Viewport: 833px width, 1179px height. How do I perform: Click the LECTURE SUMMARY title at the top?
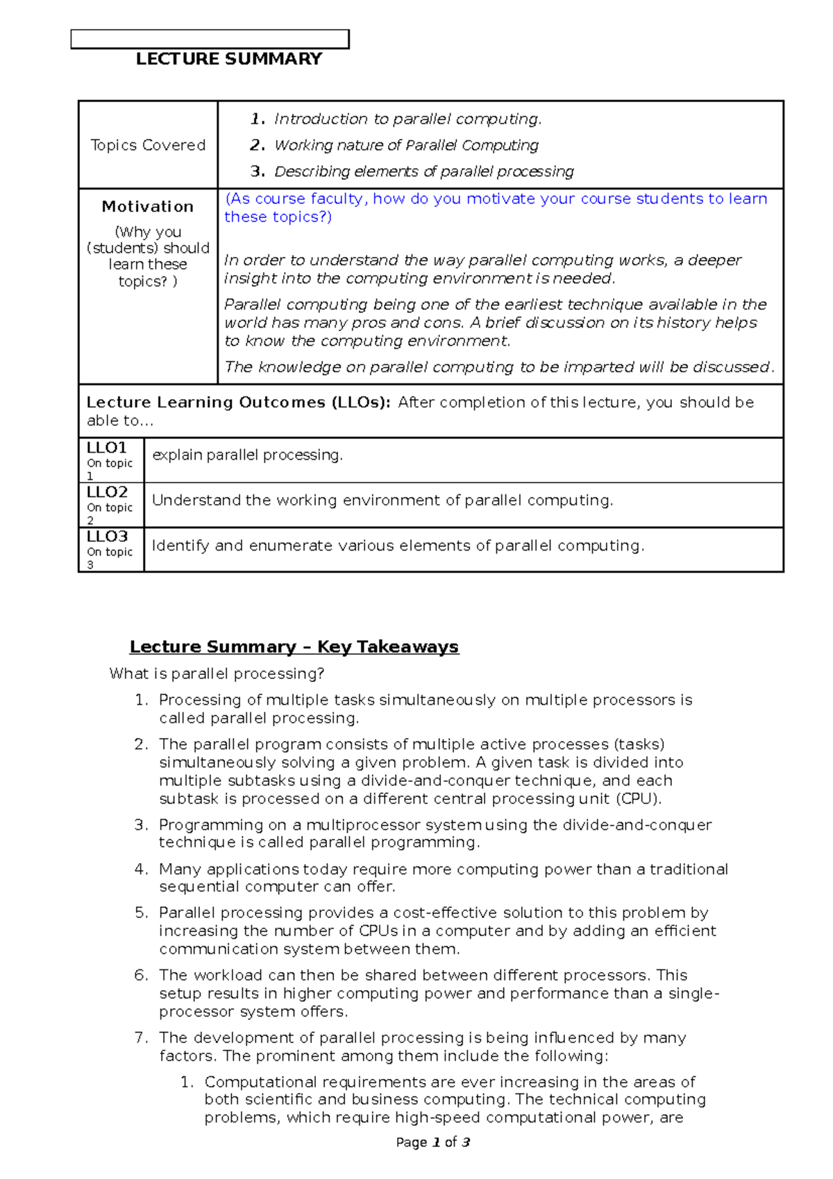(229, 59)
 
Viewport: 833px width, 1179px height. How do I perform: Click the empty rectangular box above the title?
(210, 40)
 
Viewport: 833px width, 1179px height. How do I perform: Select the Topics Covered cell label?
(148, 145)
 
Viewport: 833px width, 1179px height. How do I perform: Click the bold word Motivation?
(148, 206)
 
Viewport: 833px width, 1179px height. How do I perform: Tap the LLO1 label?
(106, 448)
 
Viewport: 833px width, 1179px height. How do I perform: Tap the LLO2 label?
(107, 492)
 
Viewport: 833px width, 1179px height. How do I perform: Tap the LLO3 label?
(107, 537)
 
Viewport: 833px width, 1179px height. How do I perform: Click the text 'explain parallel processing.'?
(247, 455)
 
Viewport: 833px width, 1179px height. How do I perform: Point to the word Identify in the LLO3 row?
(180, 546)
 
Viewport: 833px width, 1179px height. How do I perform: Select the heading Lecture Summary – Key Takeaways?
(294, 646)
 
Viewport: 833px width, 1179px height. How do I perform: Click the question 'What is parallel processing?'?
(217, 674)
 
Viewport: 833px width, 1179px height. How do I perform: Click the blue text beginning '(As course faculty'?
(496, 199)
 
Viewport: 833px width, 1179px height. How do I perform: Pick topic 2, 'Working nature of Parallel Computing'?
(406, 145)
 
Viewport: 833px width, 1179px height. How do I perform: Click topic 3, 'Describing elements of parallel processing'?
(423, 172)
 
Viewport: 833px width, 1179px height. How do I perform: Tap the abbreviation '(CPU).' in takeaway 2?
(639, 798)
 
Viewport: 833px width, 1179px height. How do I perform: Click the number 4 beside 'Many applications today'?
(141, 869)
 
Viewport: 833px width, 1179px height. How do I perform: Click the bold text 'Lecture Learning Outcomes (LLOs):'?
(238, 403)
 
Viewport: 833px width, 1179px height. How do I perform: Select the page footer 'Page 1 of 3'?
(433, 1142)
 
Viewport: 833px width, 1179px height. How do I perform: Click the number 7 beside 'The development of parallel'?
(141, 1037)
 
